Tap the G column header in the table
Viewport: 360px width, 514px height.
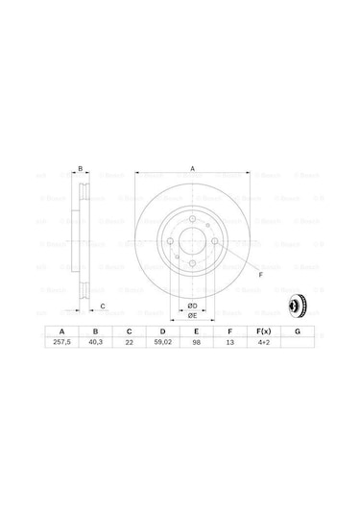[x=298, y=330]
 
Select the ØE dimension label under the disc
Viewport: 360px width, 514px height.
[x=192, y=315]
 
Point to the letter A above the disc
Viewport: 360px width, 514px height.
[x=192, y=169]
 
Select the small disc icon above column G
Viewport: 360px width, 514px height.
[x=297, y=306]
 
